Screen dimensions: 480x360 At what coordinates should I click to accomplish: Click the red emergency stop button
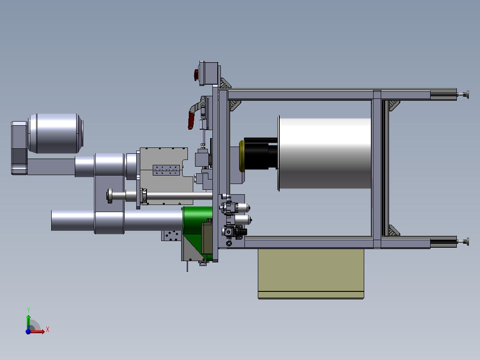[196, 75]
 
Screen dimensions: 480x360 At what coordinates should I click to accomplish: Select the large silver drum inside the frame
[325, 153]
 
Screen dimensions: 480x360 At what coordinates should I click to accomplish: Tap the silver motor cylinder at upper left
[56, 134]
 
